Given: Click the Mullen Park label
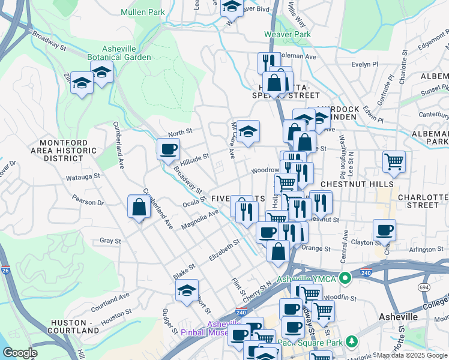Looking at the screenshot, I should [142, 12].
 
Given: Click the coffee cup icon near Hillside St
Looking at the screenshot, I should [168, 148].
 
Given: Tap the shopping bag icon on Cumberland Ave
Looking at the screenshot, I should [139, 207].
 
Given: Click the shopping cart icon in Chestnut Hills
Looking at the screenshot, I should [394, 161].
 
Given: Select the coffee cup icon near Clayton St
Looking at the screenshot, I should [384, 230].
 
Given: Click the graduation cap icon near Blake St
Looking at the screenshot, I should [187, 290].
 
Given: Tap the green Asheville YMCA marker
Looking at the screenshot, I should [345, 278].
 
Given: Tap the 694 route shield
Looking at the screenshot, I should [424, 288].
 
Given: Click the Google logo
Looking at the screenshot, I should [20, 353].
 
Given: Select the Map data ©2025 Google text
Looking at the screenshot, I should [411, 355].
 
